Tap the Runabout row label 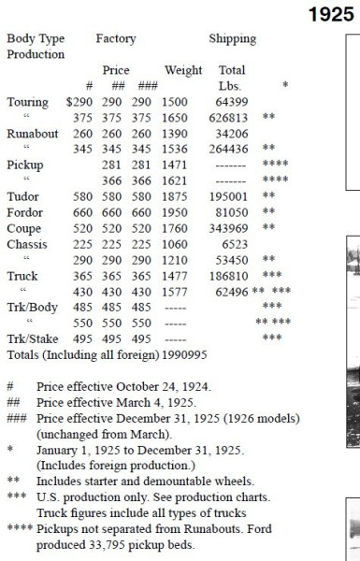click(33, 133)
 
